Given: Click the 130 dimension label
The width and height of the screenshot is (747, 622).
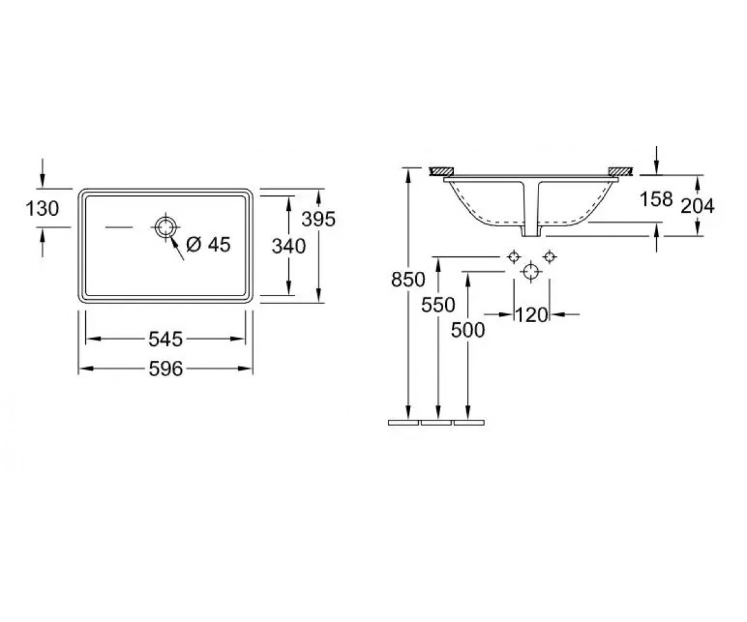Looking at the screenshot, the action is [x=42, y=208].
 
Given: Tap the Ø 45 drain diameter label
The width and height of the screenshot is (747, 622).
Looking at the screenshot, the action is [x=209, y=244].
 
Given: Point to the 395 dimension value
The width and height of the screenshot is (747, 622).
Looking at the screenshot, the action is [x=318, y=219].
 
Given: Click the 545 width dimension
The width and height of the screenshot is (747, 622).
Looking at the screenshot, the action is [x=166, y=339].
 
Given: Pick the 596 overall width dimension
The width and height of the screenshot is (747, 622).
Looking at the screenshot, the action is [x=166, y=369].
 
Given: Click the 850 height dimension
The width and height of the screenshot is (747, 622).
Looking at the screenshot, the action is [x=408, y=279].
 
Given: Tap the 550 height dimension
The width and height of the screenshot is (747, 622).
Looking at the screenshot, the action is [x=438, y=305].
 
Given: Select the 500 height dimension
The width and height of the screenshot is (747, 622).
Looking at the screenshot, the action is [x=467, y=330].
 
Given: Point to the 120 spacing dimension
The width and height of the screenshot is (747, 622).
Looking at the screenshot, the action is [x=532, y=315].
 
